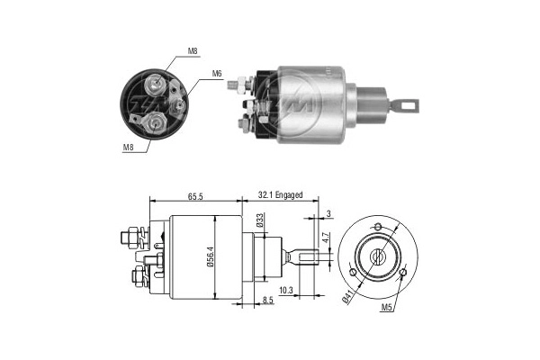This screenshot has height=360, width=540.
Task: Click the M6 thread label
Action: (x=217, y=74)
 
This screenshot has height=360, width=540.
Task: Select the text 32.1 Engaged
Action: (x=280, y=194)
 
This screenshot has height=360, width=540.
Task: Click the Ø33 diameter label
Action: (x=259, y=221)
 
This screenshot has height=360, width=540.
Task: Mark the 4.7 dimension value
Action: (x=327, y=238)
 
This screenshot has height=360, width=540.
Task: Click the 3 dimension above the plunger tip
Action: (x=329, y=212)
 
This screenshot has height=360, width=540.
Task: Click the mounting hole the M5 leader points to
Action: (x=403, y=272)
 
